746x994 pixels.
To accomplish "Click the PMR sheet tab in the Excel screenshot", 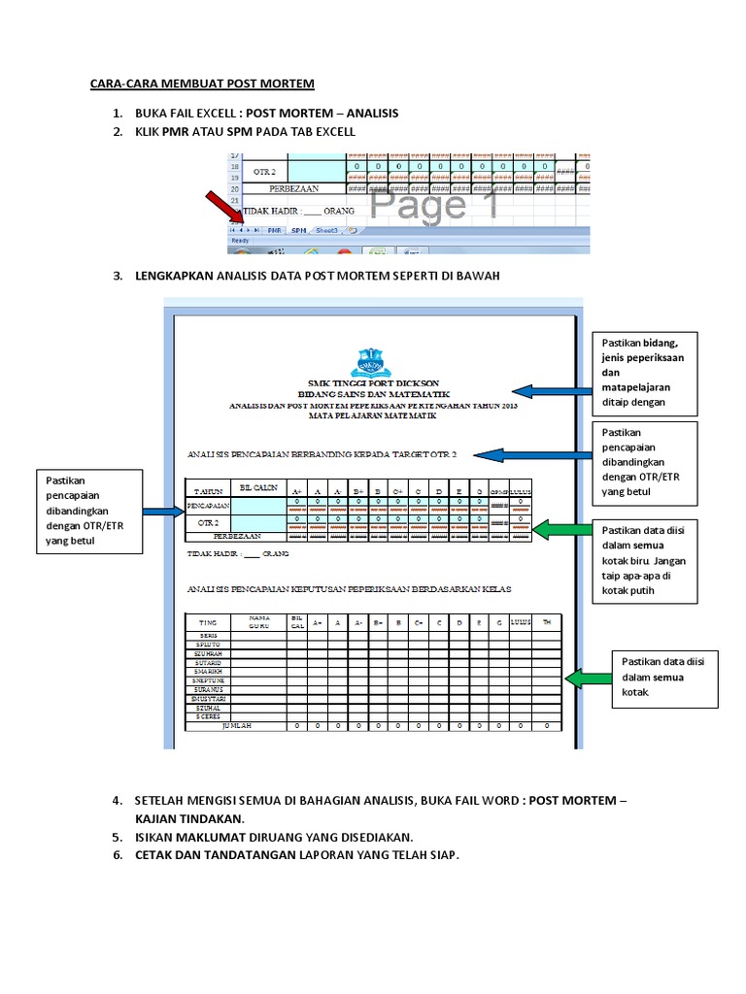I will click(x=275, y=231).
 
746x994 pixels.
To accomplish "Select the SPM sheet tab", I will click(x=299, y=231).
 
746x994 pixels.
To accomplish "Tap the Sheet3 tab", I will click(x=325, y=231).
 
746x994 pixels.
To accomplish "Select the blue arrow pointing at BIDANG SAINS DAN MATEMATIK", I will click(x=549, y=391).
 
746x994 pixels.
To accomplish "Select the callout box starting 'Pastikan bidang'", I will click(x=645, y=372).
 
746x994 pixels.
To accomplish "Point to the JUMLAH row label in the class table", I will click(x=237, y=726).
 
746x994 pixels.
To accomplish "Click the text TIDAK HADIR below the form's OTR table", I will click(x=210, y=555).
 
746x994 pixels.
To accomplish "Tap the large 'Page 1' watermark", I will click(x=434, y=206).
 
